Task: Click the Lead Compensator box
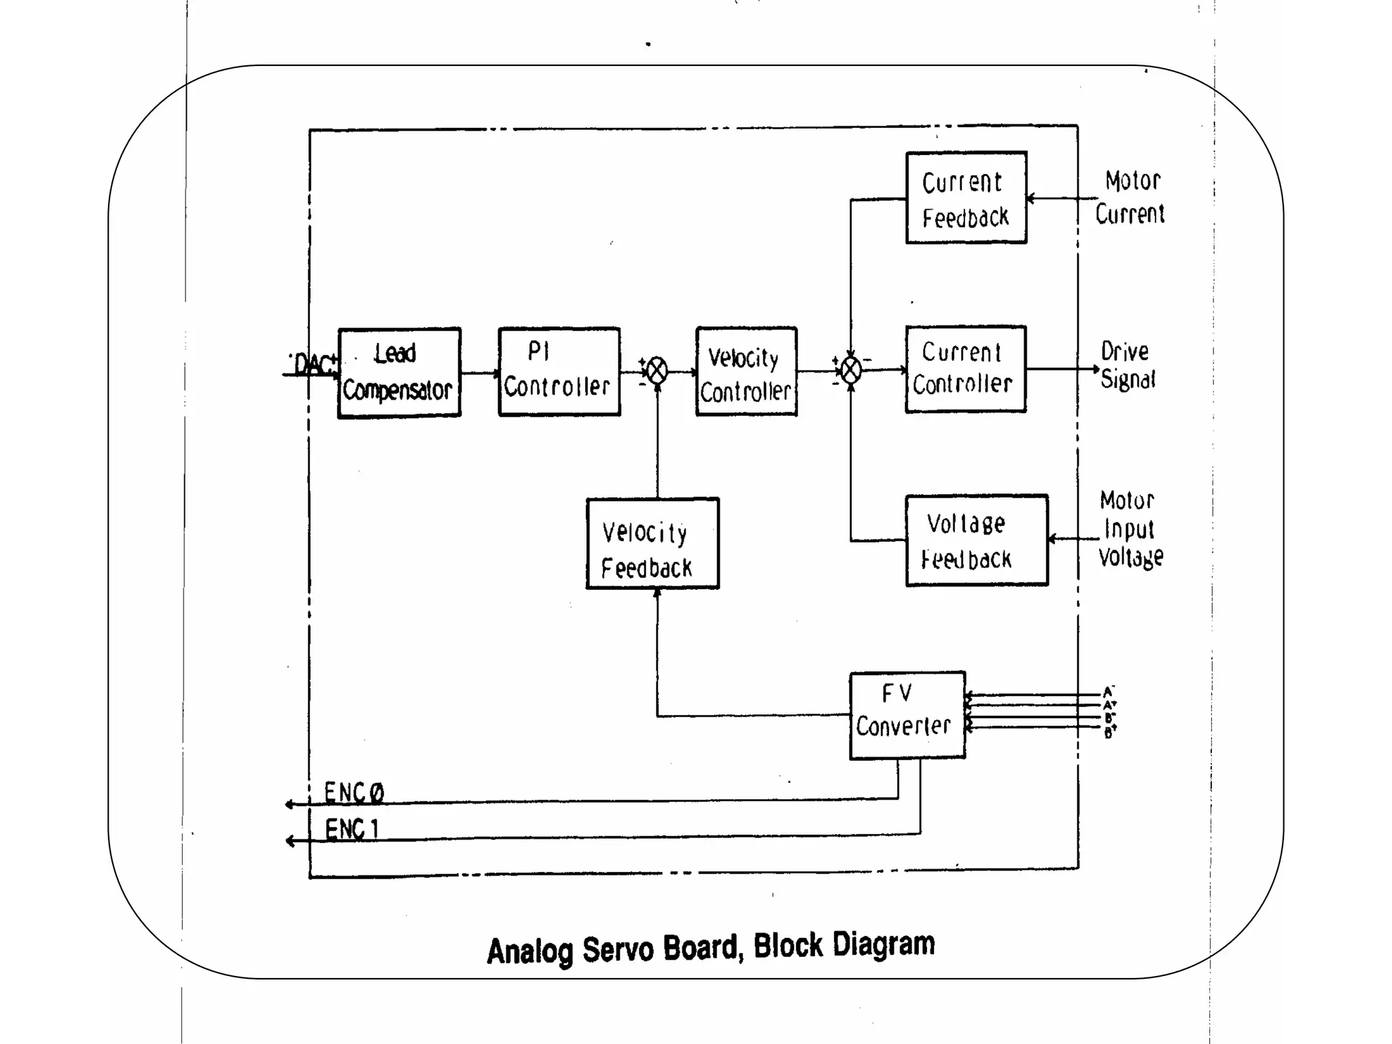point(399,372)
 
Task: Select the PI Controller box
point(559,372)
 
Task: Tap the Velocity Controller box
point(746,372)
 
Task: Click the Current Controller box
point(965,369)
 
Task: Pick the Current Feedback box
point(965,198)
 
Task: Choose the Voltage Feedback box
point(976,540)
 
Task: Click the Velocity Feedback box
point(652,544)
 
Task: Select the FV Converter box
point(907,715)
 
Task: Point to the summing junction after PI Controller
point(657,371)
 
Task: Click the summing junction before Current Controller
point(851,370)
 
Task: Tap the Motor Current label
point(1130,198)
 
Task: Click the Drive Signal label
point(1128,366)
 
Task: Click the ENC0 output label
point(354,793)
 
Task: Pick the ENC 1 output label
point(352,829)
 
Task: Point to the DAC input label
point(313,365)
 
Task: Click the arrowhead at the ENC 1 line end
point(290,841)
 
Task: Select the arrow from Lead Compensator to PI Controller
point(479,373)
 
